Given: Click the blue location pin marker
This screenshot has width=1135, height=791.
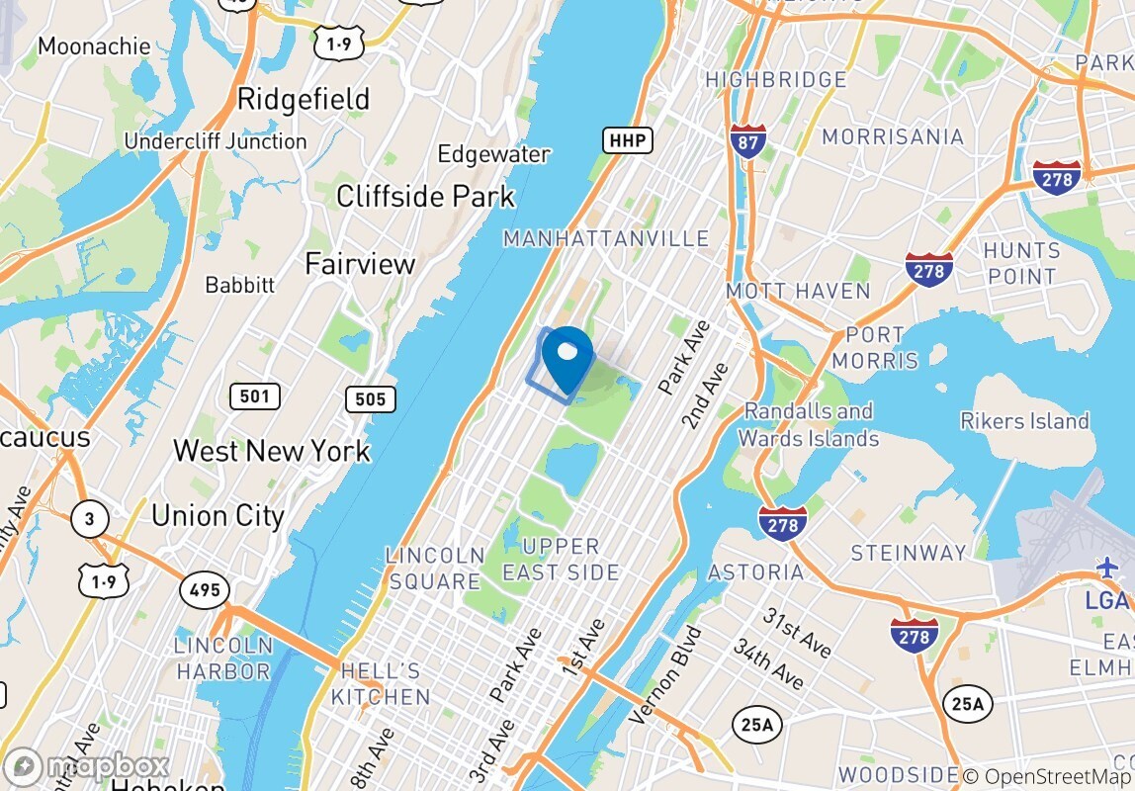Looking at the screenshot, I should point(567,358).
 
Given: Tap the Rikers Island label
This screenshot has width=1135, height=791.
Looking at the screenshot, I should point(1024,421).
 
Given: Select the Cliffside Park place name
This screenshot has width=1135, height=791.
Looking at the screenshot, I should point(425,196).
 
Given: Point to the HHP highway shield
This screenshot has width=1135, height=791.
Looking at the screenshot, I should point(628,141).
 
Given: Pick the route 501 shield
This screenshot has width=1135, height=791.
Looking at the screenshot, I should point(254,396).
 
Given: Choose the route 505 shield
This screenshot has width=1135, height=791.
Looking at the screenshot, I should point(371,399).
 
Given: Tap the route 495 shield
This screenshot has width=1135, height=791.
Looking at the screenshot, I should point(205,591).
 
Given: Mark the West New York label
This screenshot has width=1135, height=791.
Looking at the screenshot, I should point(272,451).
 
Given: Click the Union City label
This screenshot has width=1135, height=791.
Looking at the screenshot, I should point(218,515).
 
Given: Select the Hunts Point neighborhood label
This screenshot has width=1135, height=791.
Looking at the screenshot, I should point(1021,263).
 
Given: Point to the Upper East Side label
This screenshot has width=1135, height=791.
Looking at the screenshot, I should point(561,559).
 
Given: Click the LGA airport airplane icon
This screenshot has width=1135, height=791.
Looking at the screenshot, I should point(1107,569).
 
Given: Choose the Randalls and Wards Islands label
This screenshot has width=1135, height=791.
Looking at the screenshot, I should point(808,424).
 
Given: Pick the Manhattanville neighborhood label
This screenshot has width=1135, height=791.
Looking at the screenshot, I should point(606,238).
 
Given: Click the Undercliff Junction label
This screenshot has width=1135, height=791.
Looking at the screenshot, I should point(215,141).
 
